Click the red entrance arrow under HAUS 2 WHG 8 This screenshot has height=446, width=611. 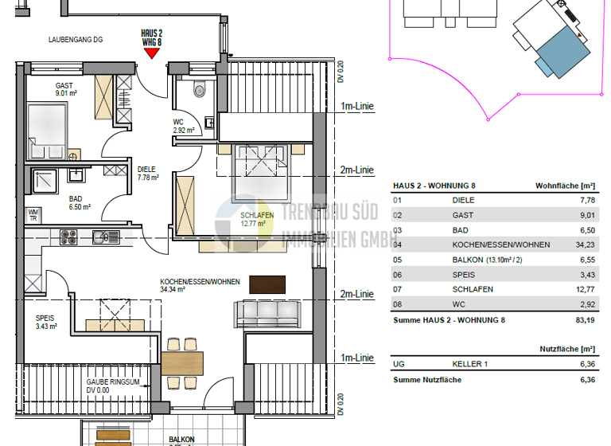pyautogui.click(x=151, y=53)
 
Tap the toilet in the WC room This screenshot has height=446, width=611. pyautogui.click(x=200, y=89)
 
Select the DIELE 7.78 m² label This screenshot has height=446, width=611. pyautogui.click(x=147, y=174)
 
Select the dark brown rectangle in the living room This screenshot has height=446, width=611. pyautogui.click(x=267, y=284)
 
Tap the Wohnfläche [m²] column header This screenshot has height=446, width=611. pyautogui.click(x=566, y=186)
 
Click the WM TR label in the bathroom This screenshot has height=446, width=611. pyautogui.click(x=34, y=214)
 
